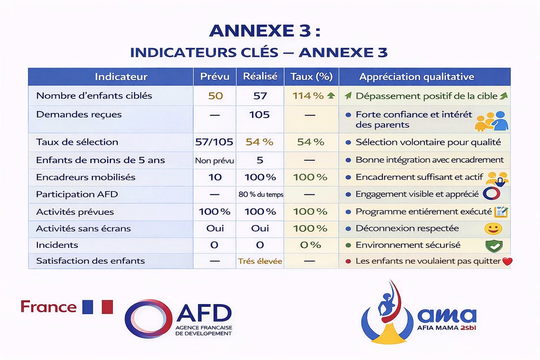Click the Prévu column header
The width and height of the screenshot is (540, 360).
coord(215,77)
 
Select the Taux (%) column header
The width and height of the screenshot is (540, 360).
coord(311,77)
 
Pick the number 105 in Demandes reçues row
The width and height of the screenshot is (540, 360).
coord(260,115)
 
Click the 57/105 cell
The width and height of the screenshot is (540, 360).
coord(215,142)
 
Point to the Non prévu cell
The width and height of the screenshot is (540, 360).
coord(215,160)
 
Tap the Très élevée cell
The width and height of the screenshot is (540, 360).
coord(260,261)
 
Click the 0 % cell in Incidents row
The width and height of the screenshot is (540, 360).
coord(311,245)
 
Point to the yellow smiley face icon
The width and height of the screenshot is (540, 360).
coord(493,229)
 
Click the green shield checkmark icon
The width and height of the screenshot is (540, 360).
coord(493,246)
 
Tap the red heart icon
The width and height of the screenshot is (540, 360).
coord(507,261)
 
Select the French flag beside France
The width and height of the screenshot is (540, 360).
coord(97,307)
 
